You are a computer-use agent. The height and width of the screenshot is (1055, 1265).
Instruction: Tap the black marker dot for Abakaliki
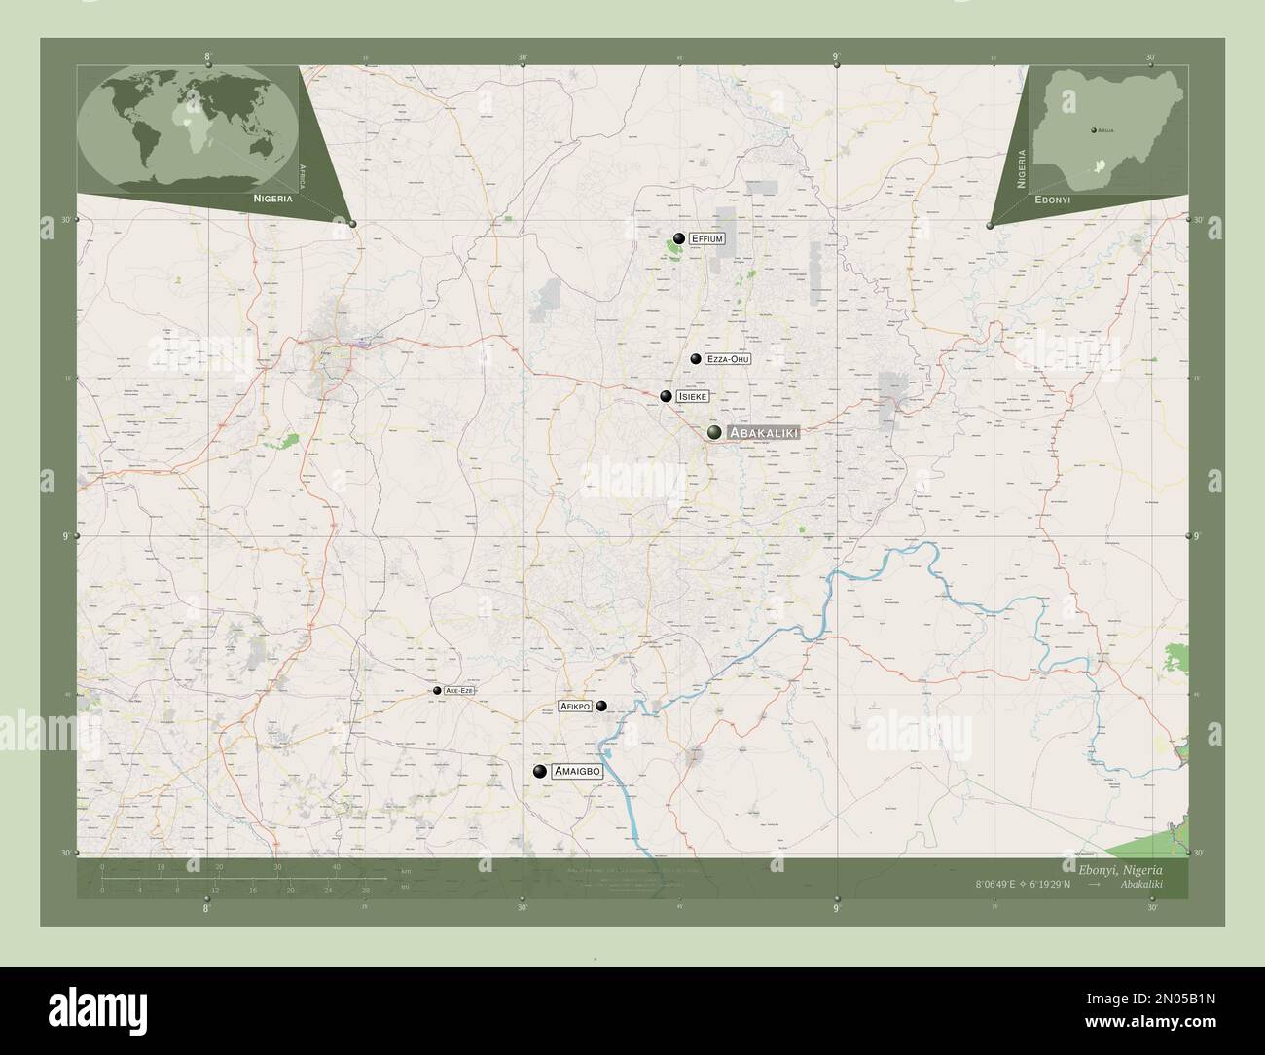(715, 432)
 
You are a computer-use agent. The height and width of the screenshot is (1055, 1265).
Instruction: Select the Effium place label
(706, 237)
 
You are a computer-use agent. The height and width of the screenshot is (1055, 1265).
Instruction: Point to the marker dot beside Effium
(678, 237)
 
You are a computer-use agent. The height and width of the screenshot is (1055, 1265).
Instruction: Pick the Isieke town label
(694, 397)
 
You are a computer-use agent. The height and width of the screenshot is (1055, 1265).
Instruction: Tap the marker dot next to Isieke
(666, 396)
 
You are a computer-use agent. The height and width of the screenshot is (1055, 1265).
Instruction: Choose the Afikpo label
(575, 706)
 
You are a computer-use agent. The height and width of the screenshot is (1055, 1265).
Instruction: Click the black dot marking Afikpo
(601, 706)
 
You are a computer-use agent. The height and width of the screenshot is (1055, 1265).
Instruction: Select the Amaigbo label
(577, 771)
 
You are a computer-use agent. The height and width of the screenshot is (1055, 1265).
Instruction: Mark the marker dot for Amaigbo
(539, 771)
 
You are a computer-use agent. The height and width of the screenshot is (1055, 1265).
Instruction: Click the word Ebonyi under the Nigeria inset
(1053, 199)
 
